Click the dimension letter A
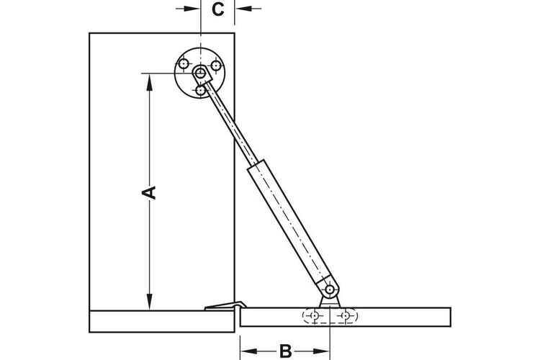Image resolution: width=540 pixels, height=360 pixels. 150,192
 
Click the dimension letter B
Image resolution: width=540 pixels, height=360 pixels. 286,351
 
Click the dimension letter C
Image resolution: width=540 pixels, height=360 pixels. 217,9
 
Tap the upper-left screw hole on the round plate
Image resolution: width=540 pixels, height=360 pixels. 184,64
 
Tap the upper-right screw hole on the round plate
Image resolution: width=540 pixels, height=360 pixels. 216,65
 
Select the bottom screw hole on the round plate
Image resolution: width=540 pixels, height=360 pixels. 200,91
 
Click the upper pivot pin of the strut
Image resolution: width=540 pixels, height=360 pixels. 199,73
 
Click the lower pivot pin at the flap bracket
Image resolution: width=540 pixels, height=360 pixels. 330,289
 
